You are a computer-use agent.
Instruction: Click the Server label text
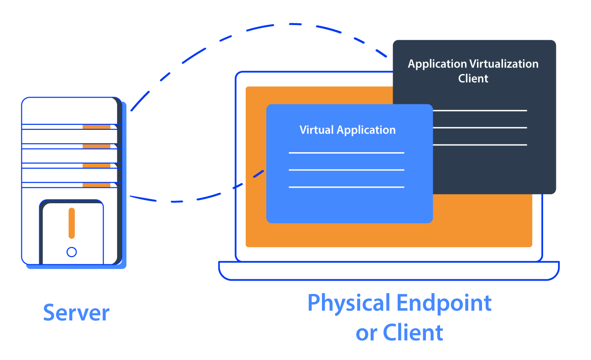(x=76, y=313)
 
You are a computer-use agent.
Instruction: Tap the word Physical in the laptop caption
(x=349, y=303)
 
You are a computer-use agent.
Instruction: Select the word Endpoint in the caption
(x=444, y=303)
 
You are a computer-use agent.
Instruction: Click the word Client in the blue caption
(x=413, y=332)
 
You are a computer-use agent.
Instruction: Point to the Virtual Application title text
(x=347, y=130)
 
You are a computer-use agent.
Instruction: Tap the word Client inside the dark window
(x=473, y=78)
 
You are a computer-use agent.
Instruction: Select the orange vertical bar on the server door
(x=72, y=223)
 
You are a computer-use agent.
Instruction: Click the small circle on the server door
(x=72, y=252)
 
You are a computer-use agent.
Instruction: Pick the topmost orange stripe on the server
(x=96, y=127)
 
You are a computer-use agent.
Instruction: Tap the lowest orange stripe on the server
(x=96, y=185)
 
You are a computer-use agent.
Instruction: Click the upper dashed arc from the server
(x=255, y=28)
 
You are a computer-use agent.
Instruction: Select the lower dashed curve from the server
(x=182, y=201)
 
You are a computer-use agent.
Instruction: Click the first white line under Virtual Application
(x=347, y=153)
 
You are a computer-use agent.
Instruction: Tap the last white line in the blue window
(x=347, y=187)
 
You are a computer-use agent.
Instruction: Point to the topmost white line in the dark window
(x=480, y=110)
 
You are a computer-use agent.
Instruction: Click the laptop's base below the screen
(x=389, y=271)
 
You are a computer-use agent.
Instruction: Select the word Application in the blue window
(x=366, y=130)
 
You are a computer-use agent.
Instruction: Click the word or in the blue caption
(x=366, y=333)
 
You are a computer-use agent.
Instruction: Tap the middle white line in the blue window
(x=347, y=170)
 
